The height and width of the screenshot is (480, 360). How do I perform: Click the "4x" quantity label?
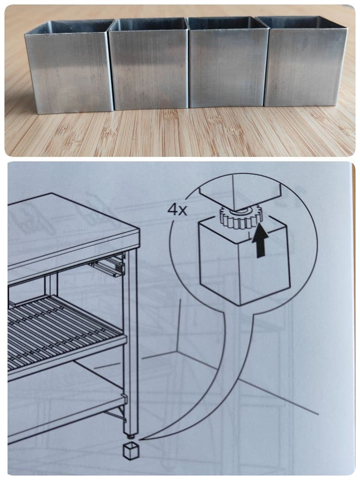(178, 210)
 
